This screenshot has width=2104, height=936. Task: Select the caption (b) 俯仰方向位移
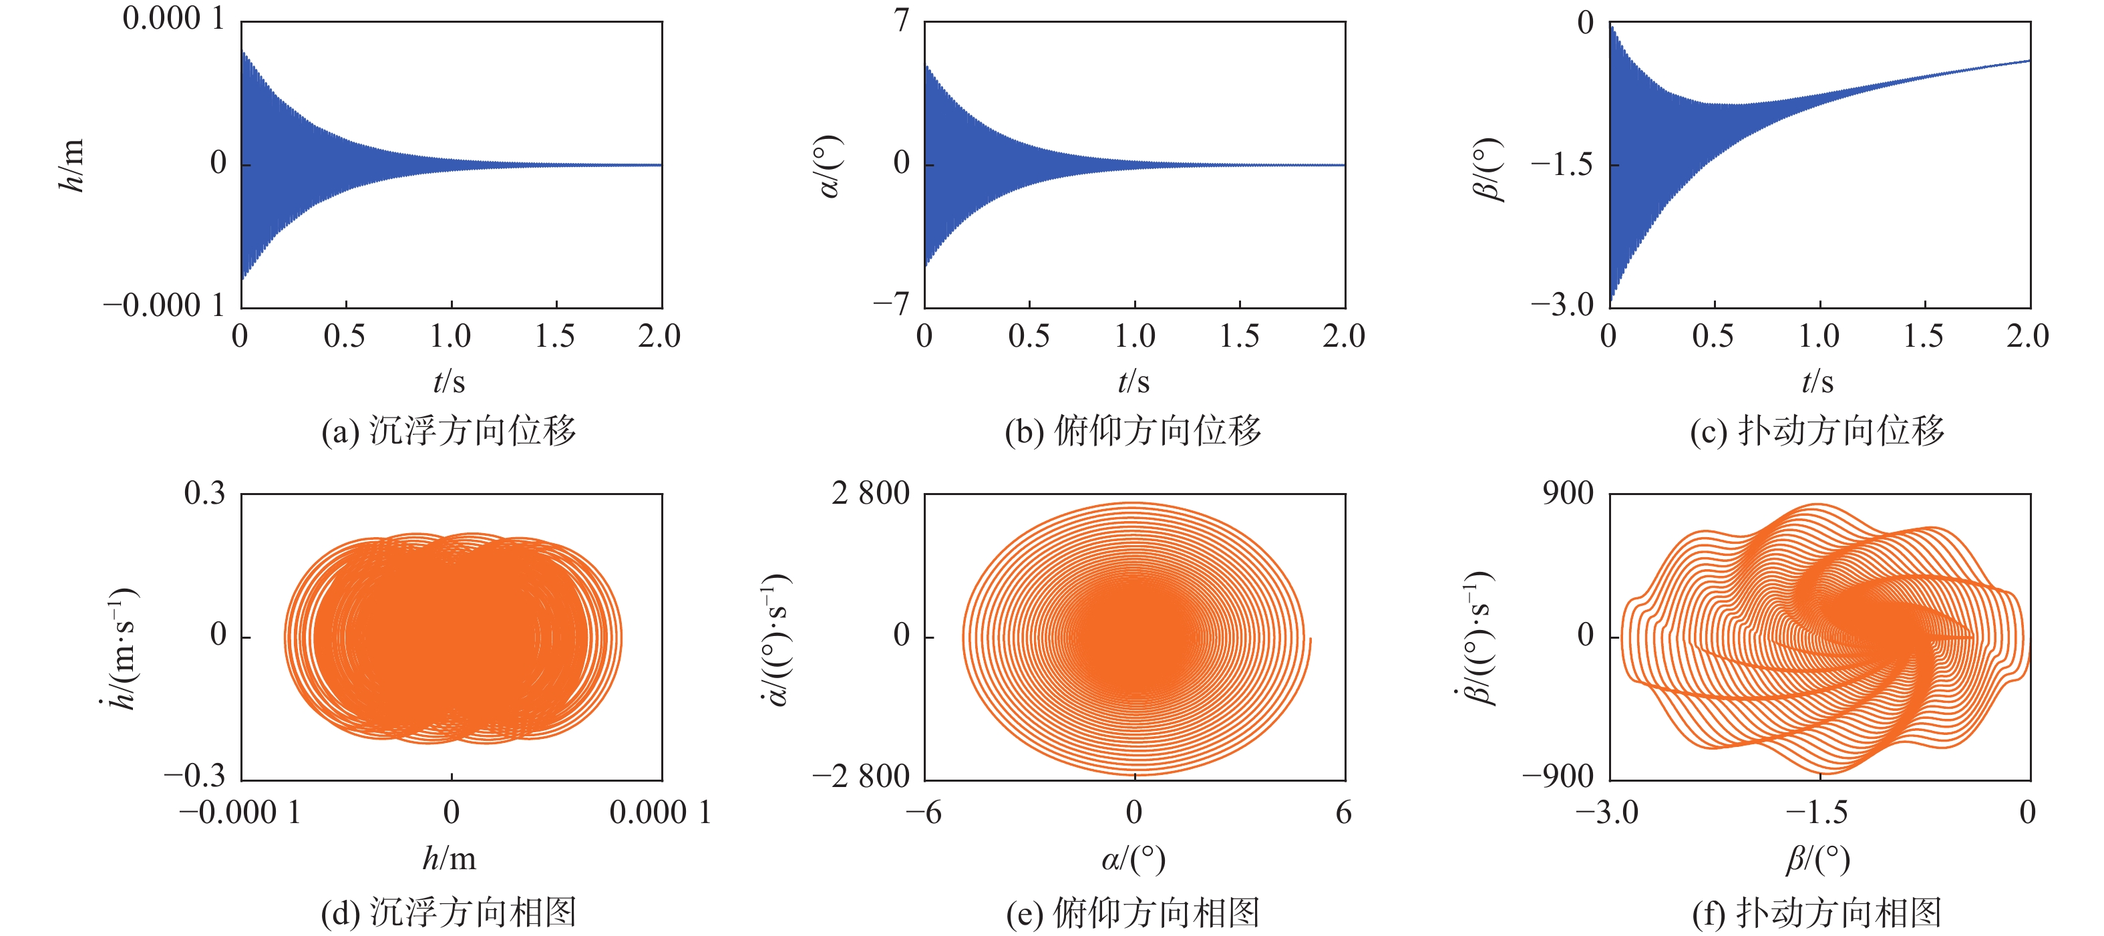(x=1133, y=431)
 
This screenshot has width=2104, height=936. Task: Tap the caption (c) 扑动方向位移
(x=1817, y=431)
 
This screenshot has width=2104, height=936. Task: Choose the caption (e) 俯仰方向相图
(x=1133, y=913)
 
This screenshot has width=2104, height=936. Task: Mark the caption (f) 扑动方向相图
(x=1817, y=913)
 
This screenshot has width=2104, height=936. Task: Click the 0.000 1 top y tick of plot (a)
(x=173, y=18)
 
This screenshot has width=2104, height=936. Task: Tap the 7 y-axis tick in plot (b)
(x=901, y=19)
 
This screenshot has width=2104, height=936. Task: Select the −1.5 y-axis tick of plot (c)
(x=1562, y=165)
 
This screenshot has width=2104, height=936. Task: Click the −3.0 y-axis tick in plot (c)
(x=1562, y=305)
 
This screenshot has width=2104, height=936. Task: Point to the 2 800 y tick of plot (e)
(x=871, y=493)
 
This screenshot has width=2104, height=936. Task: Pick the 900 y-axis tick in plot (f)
(x=1568, y=493)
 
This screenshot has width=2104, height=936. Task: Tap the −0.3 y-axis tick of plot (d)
(x=194, y=776)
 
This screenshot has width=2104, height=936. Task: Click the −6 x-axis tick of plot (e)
(x=924, y=812)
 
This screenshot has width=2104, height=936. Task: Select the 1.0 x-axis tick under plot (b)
(x=1135, y=335)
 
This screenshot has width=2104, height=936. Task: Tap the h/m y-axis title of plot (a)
(x=72, y=165)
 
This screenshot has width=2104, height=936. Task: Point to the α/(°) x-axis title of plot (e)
(x=1133, y=859)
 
